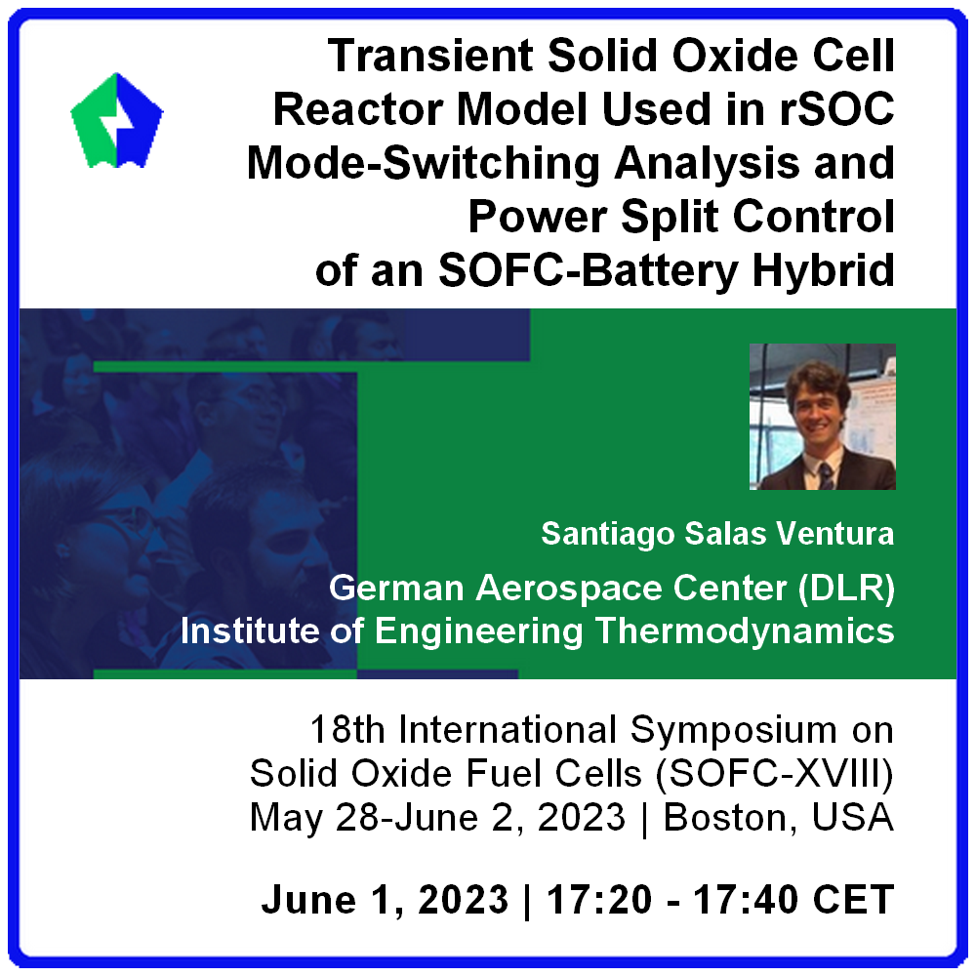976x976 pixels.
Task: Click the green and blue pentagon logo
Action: [117, 121]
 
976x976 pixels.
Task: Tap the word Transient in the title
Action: [430, 56]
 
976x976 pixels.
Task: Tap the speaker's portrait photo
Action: [822, 417]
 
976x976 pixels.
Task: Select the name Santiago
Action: [607, 535]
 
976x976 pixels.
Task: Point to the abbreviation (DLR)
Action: [846, 589]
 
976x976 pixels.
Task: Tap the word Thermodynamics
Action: [745, 631]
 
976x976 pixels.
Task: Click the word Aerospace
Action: [569, 589]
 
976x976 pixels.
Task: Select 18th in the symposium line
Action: [347, 729]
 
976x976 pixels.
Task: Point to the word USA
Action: [853, 818]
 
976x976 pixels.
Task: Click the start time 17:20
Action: [599, 901]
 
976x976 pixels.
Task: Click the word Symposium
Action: [733, 731]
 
